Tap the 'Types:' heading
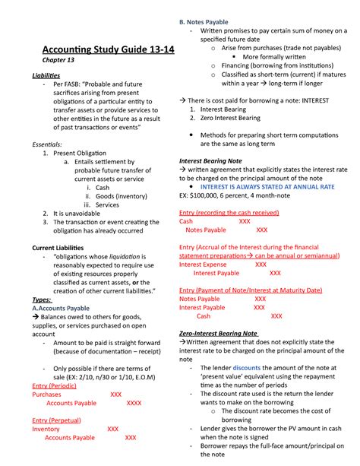(x=42, y=299)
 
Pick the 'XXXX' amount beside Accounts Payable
(x=134, y=404)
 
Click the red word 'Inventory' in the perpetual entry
(x=46, y=429)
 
